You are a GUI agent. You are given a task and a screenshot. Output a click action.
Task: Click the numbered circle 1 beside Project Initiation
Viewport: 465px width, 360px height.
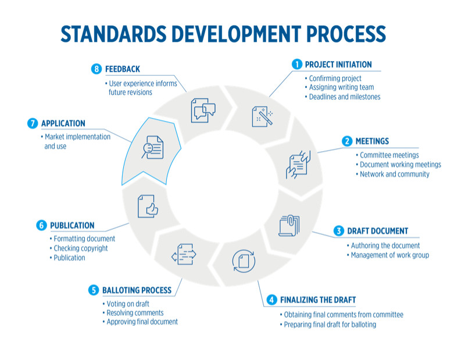297,64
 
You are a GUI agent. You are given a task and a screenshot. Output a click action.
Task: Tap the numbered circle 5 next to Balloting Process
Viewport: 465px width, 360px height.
94,290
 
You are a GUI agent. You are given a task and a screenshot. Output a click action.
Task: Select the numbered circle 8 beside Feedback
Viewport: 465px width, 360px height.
96,69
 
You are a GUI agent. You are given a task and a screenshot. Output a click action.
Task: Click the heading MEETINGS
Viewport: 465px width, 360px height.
372,141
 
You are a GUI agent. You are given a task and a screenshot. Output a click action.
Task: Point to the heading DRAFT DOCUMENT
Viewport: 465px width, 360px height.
377,231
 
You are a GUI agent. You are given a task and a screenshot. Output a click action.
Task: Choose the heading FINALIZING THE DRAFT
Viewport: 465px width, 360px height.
318,300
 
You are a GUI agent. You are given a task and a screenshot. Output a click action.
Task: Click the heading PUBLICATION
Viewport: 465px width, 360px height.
72,225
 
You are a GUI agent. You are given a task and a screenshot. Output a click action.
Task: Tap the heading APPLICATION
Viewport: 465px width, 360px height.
63,123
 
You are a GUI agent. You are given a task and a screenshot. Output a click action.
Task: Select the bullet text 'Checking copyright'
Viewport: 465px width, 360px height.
80,248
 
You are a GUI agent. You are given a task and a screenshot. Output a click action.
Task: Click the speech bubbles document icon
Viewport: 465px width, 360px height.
203,111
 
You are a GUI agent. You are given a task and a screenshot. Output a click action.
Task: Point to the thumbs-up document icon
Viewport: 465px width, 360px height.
148,206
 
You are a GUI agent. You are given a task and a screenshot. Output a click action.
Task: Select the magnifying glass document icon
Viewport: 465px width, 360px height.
152,147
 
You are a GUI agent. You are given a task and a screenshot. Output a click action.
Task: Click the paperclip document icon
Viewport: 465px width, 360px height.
289,226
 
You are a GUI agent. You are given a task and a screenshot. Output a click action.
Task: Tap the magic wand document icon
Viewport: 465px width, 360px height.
263,116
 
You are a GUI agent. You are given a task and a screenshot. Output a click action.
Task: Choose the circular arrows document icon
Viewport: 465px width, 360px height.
244,261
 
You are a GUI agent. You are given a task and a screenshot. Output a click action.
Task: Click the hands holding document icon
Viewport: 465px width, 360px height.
298,165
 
